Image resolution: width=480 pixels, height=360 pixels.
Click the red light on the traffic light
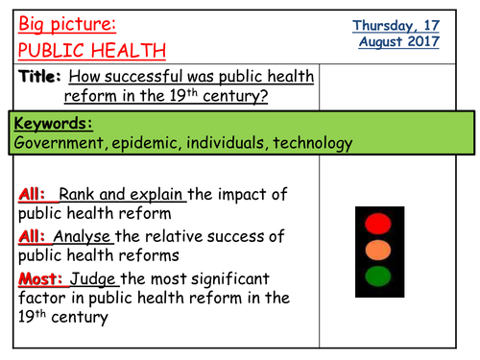tap(380, 226)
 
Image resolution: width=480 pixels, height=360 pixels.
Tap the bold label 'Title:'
tap(38, 77)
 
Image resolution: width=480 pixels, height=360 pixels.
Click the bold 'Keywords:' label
tap(54, 124)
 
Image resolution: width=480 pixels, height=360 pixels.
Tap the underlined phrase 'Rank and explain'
tap(122, 195)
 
